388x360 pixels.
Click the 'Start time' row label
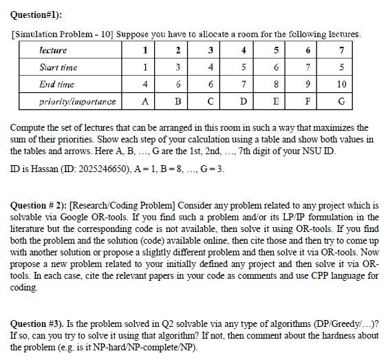click(58, 67)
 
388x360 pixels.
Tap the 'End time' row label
click(56, 84)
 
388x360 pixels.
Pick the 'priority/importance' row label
click(77, 101)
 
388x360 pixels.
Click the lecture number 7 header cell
click(343, 50)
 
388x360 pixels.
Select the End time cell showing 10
click(343, 84)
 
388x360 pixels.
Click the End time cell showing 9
click(310, 84)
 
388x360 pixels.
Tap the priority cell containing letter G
click(343, 101)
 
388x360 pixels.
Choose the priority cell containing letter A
click(145, 101)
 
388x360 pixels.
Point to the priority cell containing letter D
click(244, 101)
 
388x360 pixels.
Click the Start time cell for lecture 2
click(178, 67)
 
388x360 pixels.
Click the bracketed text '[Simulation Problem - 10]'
click(61, 34)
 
